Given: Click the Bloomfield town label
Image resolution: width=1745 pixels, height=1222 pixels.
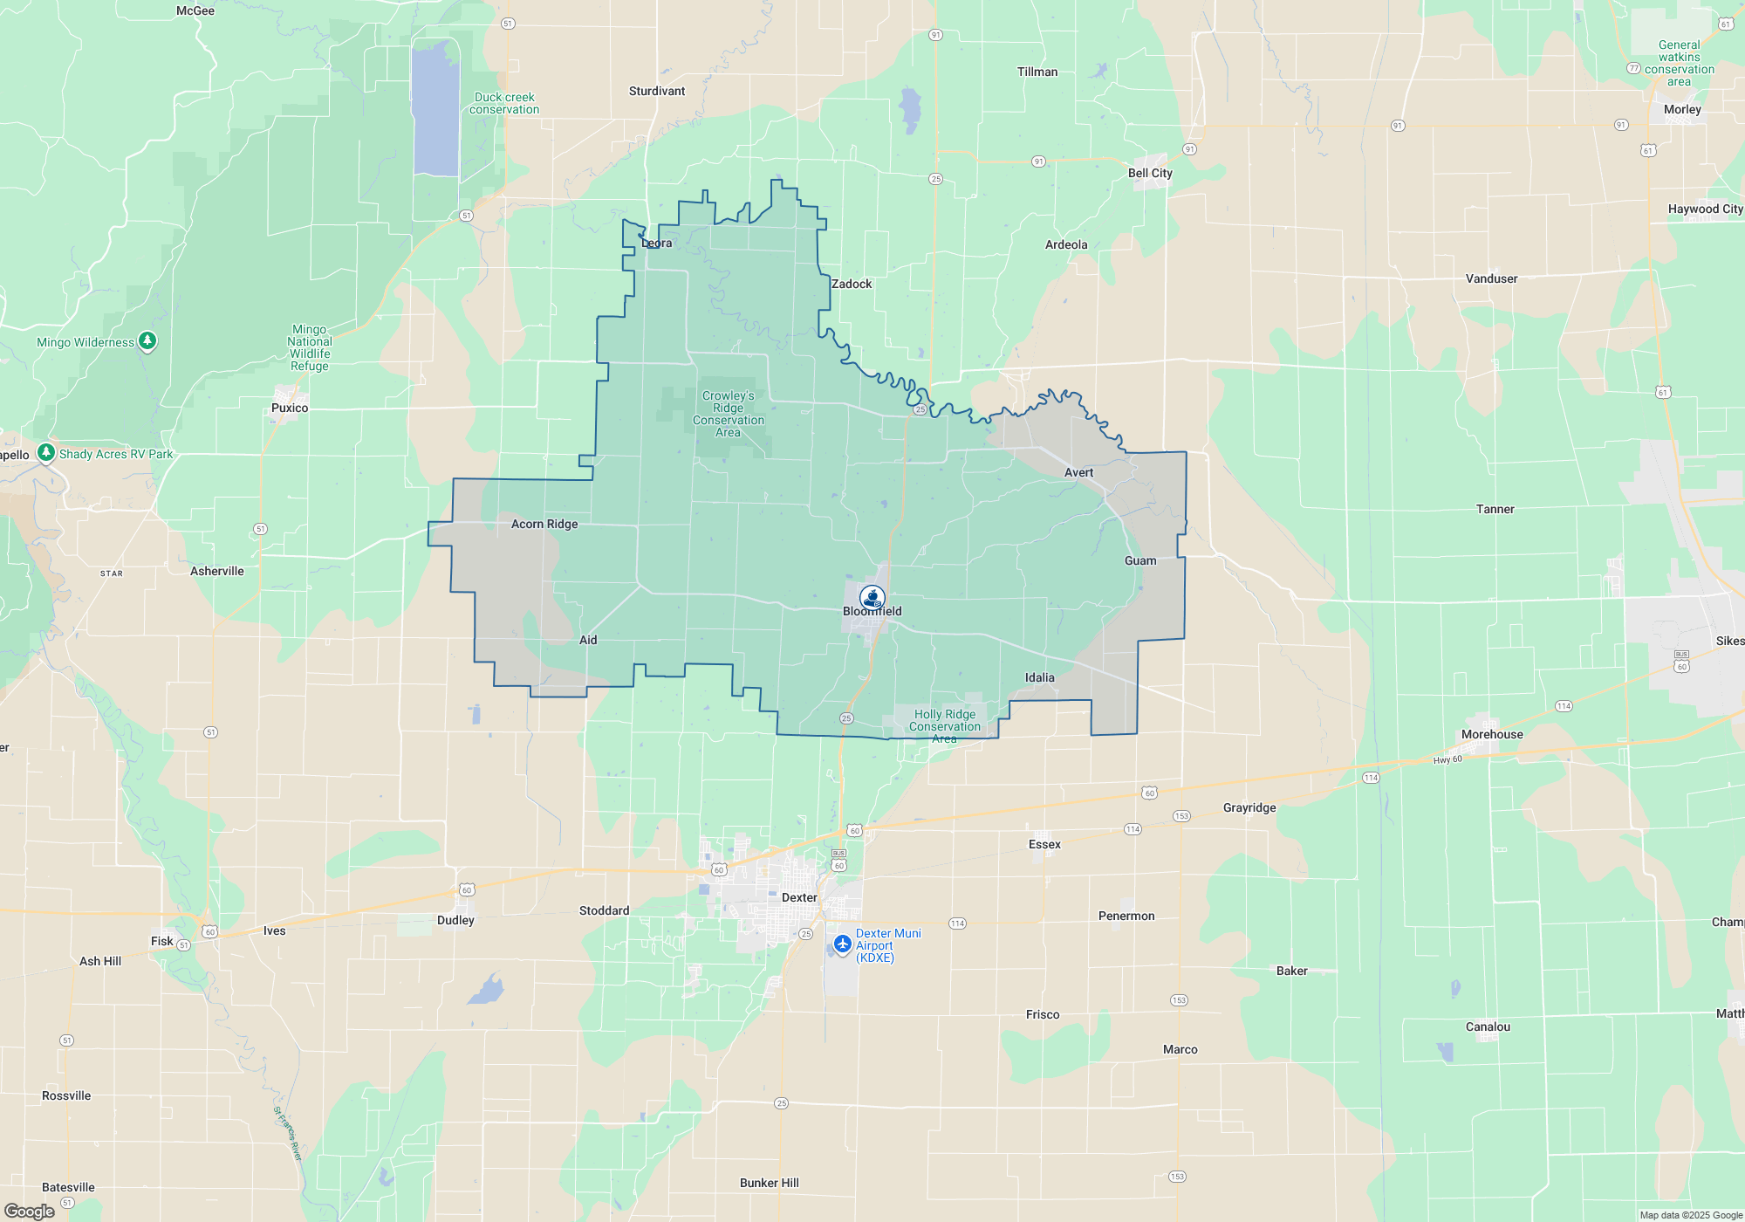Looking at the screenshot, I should (x=872, y=612).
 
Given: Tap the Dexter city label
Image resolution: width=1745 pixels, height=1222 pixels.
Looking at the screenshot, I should (x=799, y=897).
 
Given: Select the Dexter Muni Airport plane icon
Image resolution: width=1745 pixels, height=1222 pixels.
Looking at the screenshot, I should (x=842, y=944).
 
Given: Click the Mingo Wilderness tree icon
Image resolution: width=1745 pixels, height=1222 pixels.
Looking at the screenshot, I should (x=147, y=340).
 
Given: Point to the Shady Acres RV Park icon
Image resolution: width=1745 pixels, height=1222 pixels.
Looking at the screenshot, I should (x=46, y=452).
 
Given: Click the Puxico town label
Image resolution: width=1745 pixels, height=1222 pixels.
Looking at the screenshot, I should (x=290, y=408).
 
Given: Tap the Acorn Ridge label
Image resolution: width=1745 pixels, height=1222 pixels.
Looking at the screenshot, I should (x=544, y=524).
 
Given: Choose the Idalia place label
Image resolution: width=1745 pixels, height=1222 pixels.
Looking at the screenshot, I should (x=1039, y=677).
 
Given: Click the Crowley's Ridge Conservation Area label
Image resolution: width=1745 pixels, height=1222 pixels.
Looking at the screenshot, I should (x=728, y=414).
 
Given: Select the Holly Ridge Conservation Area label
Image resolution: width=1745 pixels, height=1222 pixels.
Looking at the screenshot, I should (x=945, y=725).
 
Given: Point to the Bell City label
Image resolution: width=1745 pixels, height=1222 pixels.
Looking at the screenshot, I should (x=1150, y=173).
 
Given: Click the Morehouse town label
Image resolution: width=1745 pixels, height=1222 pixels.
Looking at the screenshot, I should (x=1492, y=734).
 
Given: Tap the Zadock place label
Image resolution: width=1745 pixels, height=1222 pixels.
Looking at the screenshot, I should (x=851, y=284).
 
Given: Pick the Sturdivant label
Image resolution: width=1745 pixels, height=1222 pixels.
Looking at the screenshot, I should (x=657, y=91).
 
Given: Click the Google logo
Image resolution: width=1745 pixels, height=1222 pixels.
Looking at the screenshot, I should (x=30, y=1211).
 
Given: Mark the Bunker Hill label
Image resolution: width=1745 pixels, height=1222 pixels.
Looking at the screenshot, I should (x=769, y=1183).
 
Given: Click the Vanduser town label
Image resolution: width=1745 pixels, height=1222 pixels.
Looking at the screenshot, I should (x=1491, y=278).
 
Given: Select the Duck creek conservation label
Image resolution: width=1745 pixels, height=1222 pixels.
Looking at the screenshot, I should (x=504, y=103).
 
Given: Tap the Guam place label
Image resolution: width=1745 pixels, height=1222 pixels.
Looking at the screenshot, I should (x=1140, y=560).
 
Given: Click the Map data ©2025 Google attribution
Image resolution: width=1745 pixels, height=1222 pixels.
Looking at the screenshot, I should (x=1690, y=1215).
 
